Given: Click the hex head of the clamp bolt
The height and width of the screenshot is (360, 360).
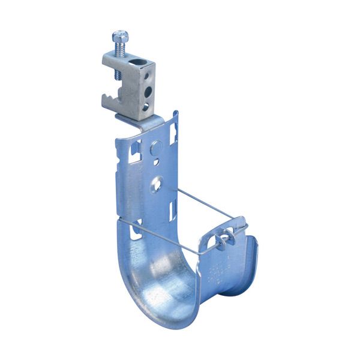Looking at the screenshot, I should (x=119, y=35).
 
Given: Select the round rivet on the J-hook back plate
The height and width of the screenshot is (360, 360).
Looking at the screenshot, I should (x=156, y=146).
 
